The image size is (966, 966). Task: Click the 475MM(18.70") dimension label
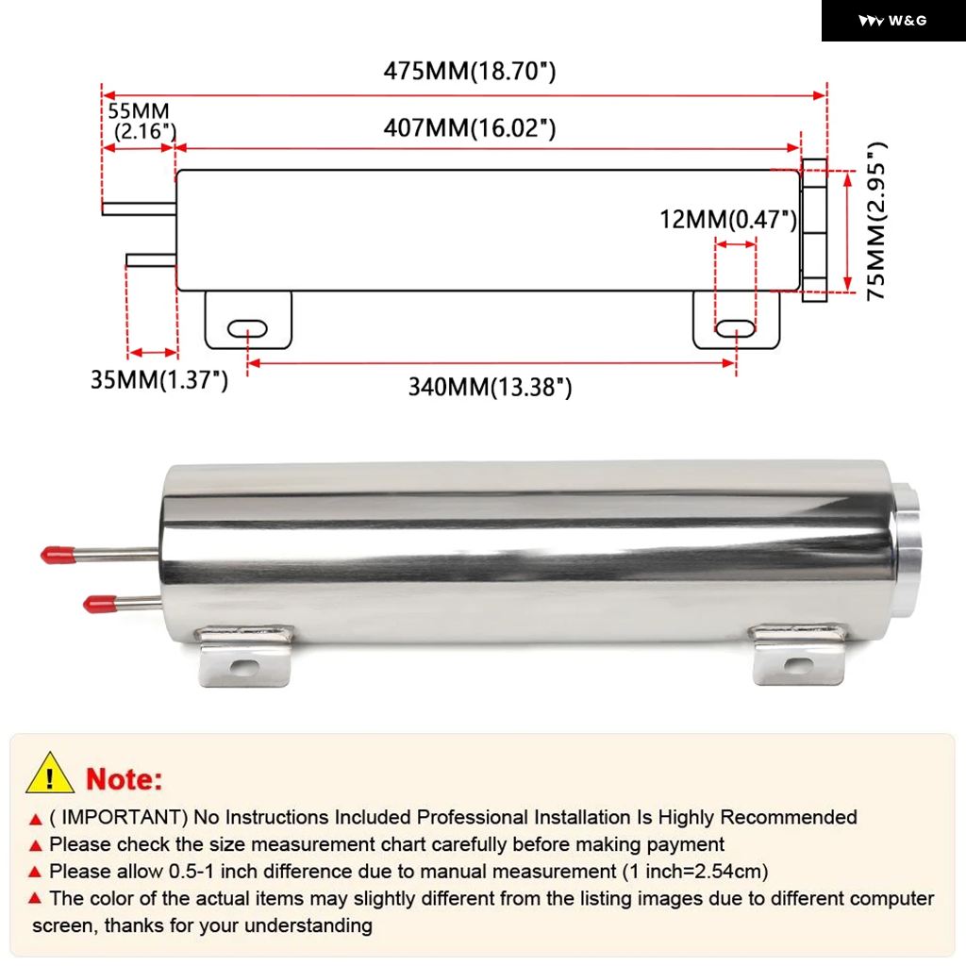pos(469,72)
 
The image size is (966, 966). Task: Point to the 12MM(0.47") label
pos(728,220)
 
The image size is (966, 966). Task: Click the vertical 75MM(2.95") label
pos(877,221)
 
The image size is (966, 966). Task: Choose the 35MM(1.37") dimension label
pos(158,380)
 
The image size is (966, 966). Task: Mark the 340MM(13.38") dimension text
pos(490,387)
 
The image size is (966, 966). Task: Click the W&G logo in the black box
pos(892,21)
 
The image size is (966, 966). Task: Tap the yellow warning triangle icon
pos(50,775)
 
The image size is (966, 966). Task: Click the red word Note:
pos(125,779)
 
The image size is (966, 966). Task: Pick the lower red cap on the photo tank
pos(98,603)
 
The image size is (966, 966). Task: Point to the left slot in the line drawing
pos(248,329)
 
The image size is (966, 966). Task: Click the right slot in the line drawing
pos(735,328)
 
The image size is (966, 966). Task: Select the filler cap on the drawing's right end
pos(813,230)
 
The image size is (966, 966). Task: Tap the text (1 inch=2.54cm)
pos(694,871)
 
